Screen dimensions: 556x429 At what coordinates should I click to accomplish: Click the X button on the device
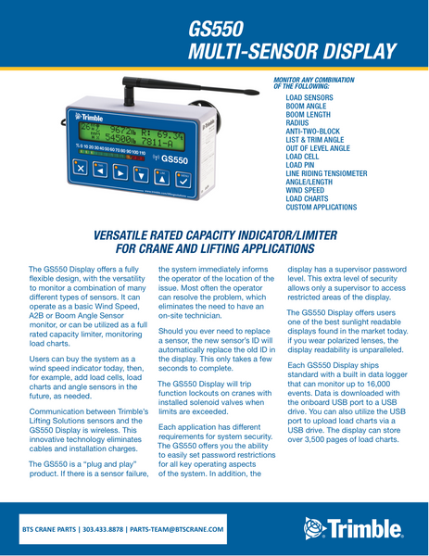coord(80,170)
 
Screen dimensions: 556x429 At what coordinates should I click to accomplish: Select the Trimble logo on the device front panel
coord(89,120)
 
